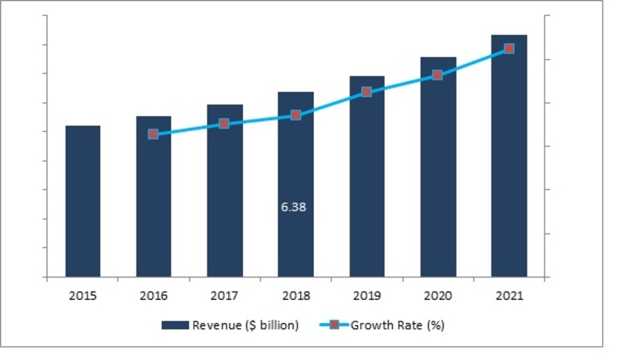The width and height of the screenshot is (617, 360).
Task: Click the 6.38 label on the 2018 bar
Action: [x=295, y=207]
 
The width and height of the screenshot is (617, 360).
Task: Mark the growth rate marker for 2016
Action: [x=153, y=134]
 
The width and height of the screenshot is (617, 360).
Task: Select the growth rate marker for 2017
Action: [x=224, y=123]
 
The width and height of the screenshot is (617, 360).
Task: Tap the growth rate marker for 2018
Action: [x=295, y=116]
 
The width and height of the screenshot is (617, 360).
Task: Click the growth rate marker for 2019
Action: [x=367, y=92]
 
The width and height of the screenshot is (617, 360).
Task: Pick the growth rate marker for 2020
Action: [x=438, y=75]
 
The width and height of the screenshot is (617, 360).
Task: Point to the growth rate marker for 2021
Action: [x=509, y=49]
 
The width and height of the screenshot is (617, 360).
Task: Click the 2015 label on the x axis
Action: [x=83, y=296]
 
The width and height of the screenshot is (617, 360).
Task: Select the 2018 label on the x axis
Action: [x=295, y=296]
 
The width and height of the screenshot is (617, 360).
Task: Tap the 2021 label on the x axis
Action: [x=509, y=296]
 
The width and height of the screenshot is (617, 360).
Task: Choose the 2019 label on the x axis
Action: [x=367, y=296]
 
